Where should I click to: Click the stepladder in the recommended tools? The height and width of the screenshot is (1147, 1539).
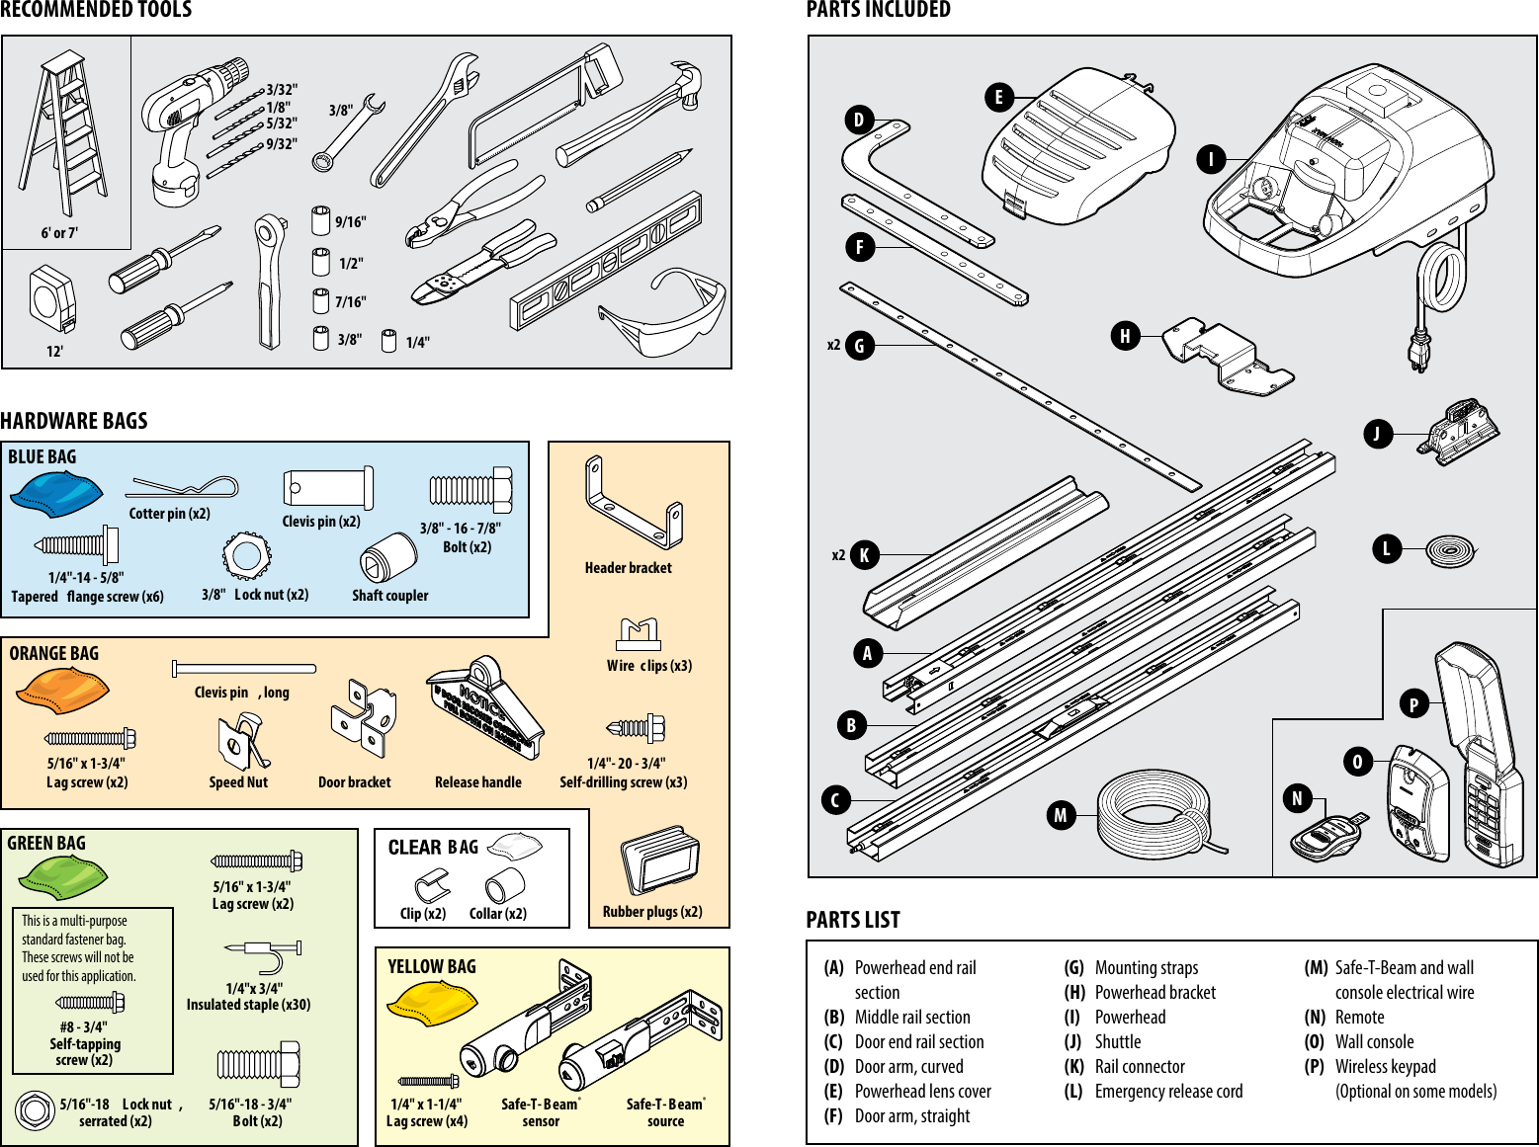pyautogui.click(x=61, y=133)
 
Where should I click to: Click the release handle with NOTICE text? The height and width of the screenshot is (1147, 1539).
pyautogui.click(x=485, y=708)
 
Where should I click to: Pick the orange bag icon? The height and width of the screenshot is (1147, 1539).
pyautogui.click(x=61, y=690)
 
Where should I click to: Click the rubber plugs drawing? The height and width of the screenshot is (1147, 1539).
pyautogui.click(x=659, y=861)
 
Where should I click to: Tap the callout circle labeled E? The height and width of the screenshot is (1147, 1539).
pyautogui.click(x=998, y=97)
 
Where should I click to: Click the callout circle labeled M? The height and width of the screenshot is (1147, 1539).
pyautogui.click(x=1061, y=815)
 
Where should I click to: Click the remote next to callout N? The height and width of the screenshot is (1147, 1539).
pyautogui.click(x=1327, y=836)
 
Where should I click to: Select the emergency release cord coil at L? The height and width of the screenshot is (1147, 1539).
pyautogui.click(x=1450, y=549)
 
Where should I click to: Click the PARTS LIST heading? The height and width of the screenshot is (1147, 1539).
pyautogui.click(x=853, y=920)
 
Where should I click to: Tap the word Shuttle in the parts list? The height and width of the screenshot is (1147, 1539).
pyautogui.click(x=1117, y=1041)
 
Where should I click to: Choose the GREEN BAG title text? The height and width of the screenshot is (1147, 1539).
pyautogui.click(x=46, y=843)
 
